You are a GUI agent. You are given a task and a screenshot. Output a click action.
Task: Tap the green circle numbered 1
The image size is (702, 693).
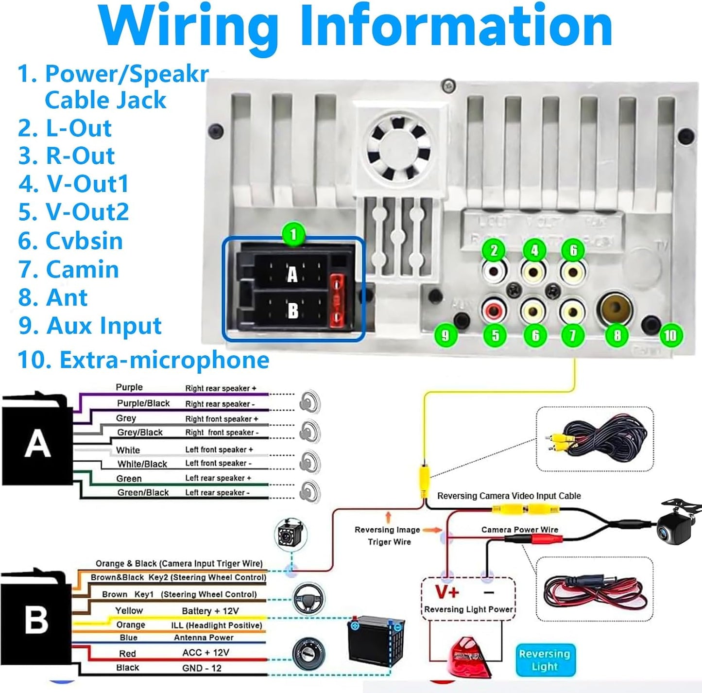[x=293, y=235]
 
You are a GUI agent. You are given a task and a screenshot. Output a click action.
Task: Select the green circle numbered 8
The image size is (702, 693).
[x=617, y=335]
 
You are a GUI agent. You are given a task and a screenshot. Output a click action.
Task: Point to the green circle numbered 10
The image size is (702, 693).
[x=670, y=335]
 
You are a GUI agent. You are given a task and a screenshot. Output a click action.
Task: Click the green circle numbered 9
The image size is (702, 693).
[x=445, y=335]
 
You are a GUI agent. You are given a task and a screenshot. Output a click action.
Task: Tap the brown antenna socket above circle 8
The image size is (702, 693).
[x=614, y=309]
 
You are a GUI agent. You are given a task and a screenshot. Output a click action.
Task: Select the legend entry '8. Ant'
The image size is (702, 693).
[x=53, y=297]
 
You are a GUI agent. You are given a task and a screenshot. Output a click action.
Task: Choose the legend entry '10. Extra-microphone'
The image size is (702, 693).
[x=143, y=360]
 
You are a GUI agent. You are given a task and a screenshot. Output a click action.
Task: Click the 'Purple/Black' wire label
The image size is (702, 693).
[x=143, y=403]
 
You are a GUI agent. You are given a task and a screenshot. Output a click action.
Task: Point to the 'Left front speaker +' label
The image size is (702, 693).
[x=219, y=450]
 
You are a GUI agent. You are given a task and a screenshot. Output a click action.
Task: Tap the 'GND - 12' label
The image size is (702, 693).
[x=202, y=668]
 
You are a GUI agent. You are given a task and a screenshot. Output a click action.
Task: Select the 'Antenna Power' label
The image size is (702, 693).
[x=204, y=638]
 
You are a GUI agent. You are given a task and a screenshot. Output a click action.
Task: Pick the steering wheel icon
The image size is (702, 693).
[x=309, y=597]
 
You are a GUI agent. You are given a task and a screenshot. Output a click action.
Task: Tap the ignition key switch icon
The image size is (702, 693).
[x=308, y=653]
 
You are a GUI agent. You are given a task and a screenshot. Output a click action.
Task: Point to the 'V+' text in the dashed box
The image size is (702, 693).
[x=447, y=592]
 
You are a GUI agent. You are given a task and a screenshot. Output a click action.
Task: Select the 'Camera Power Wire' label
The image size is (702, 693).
[x=520, y=530]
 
